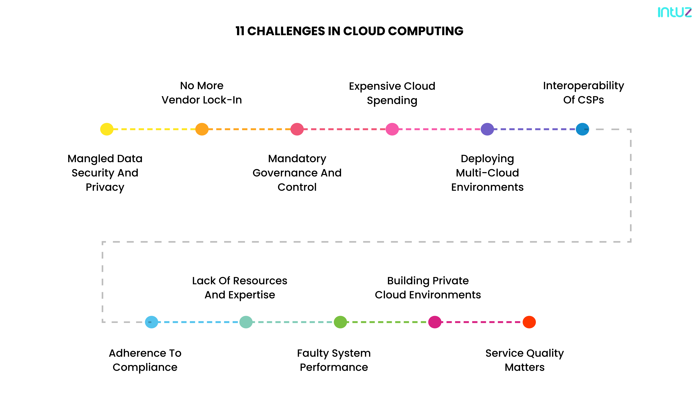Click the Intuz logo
point(674,12)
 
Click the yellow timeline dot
point(107,129)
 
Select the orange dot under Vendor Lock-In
point(202,129)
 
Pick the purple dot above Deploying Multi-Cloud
point(487,129)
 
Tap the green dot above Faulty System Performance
point(340,322)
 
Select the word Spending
point(392,101)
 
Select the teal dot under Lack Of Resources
point(246,322)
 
